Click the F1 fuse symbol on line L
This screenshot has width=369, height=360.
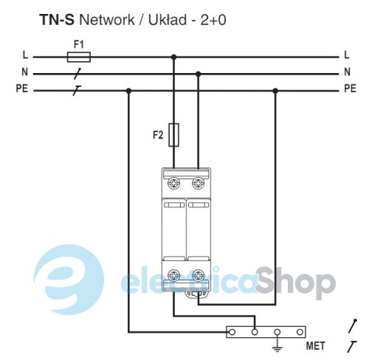[x=79, y=57]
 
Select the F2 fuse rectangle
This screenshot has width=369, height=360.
[x=173, y=135]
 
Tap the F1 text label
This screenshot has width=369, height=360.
[x=79, y=44]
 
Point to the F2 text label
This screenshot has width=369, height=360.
[x=158, y=135]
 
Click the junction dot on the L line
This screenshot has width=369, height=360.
[x=174, y=57]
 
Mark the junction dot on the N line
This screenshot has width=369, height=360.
[x=199, y=74]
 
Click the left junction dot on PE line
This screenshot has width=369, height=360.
[x=128, y=91]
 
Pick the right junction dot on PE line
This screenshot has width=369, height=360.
[x=275, y=91]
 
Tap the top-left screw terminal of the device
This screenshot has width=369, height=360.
[x=174, y=184]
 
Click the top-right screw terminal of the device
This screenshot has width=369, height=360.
[x=199, y=184]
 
